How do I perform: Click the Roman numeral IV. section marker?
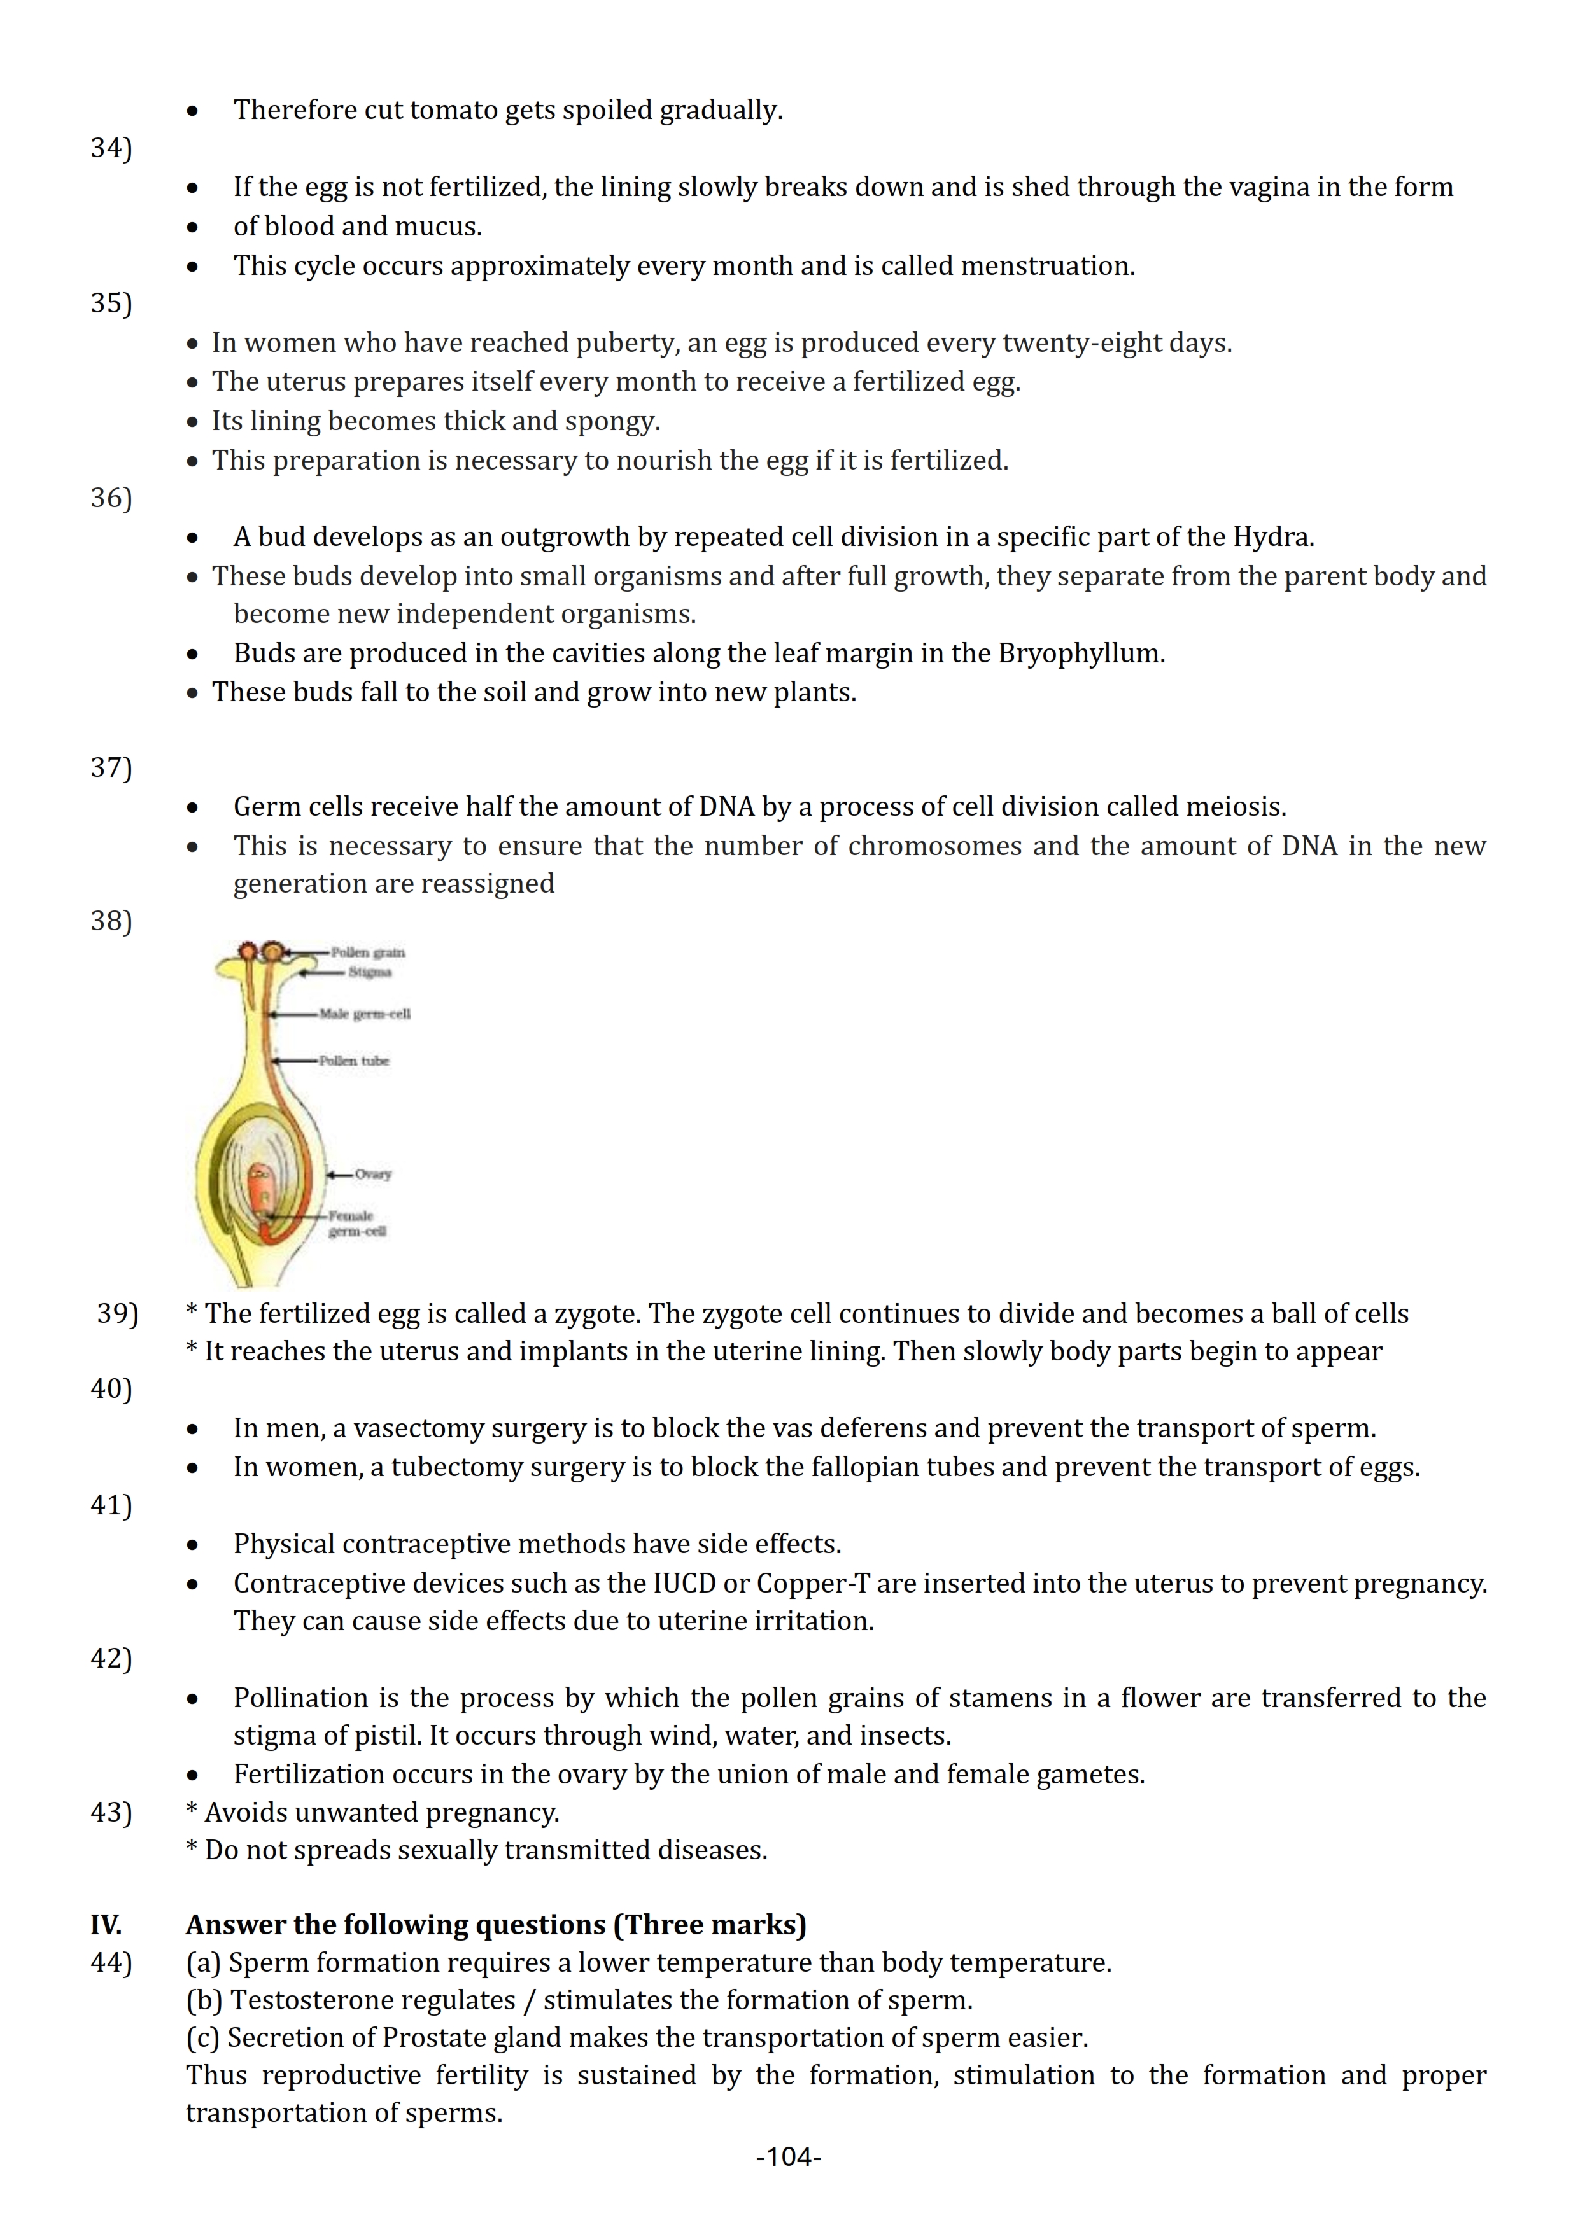(106, 1925)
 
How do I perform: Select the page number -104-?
(789, 2157)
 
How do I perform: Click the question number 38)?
(111, 921)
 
